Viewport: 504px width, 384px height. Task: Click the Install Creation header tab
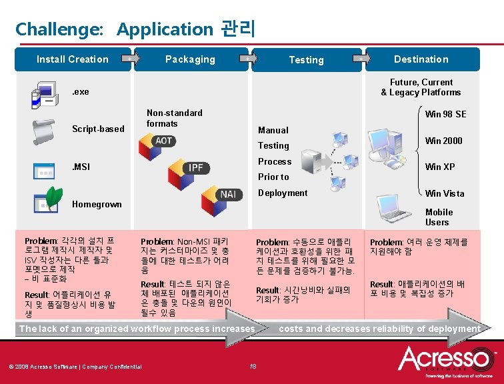pos(72,59)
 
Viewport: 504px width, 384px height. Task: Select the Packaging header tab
pos(190,59)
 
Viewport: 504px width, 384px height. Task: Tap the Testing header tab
pos(306,60)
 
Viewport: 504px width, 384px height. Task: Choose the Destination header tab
pos(421,59)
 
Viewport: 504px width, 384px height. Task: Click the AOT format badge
pos(163,141)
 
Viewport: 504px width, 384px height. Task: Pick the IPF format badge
pos(195,167)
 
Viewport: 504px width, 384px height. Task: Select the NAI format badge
pos(228,194)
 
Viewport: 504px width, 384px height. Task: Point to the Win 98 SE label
pos(445,114)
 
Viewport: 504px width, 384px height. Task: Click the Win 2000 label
pos(443,141)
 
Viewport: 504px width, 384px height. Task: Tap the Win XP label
pos(440,167)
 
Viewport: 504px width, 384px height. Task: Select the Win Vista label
pos(444,193)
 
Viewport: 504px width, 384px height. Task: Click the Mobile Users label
pos(437,217)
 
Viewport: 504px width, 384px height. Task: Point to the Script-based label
pos(98,129)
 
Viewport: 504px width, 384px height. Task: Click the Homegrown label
pos(97,204)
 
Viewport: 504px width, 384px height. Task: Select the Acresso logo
pos(446,360)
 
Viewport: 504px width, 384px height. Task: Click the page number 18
pos(252,366)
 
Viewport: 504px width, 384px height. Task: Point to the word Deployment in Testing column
pos(283,193)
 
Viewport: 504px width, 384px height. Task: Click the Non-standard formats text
pos(174,118)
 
